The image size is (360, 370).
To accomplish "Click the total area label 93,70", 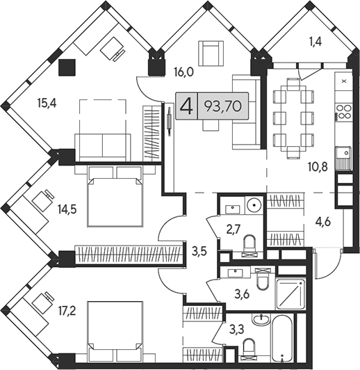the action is pos(223,106).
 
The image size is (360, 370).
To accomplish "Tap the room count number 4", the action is pos(186,106).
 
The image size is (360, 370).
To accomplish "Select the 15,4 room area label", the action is pos(47,104).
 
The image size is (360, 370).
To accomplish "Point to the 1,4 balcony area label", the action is pos(315,42).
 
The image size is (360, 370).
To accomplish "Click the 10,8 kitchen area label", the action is pos(318,167).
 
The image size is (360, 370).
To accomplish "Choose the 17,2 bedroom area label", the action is pos(67,312).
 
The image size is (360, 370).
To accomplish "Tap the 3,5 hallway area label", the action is pos(199,252).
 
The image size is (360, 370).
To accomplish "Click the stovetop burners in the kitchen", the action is pos(344,113).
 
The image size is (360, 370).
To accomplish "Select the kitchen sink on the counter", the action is pos(344,159).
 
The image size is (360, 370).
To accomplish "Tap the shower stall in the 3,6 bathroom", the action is pos(291,294).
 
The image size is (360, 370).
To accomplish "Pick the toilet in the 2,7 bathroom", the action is pos(249,246).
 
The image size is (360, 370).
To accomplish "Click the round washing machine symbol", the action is pos(254,204).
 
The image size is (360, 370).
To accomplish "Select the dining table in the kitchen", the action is pos(293,118).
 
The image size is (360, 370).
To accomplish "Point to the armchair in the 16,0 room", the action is pos(211,54).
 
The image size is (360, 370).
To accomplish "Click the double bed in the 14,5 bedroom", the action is pos(115,197).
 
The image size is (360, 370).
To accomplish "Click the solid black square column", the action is pos(67,67).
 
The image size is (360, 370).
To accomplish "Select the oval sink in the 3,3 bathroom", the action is pos(261,319).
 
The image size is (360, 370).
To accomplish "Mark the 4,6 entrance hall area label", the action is pos(322,222).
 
